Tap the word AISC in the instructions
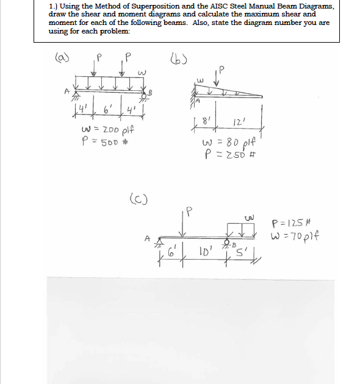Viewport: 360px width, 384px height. tap(189, 5)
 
